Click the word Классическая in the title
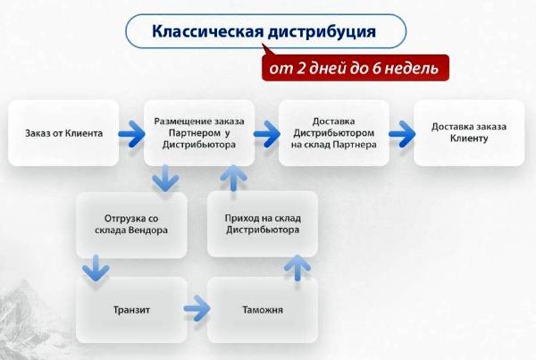tap(208, 31)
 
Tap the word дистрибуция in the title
tap(322, 32)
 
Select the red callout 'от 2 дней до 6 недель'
tap(356, 68)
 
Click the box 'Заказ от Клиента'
tap(63, 133)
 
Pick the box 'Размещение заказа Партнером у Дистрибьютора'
tap(199, 133)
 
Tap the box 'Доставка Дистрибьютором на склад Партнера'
tap(334, 133)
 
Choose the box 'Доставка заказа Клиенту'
tap(469, 133)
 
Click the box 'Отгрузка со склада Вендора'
tap(131, 224)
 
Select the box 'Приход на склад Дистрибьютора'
tap(263, 223)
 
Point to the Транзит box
tap(131, 310)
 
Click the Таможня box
tap(263, 310)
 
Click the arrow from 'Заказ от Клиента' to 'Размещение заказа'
tap(131, 134)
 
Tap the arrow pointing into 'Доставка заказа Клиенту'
tap(402, 134)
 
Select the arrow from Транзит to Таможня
tap(197, 309)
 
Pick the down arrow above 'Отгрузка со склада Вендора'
tap(165, 178)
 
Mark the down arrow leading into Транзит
tap(96, 268)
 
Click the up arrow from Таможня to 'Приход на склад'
tap(297, 268)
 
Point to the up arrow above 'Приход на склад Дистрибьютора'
tap(234, 178)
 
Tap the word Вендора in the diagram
tap(148, 230)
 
